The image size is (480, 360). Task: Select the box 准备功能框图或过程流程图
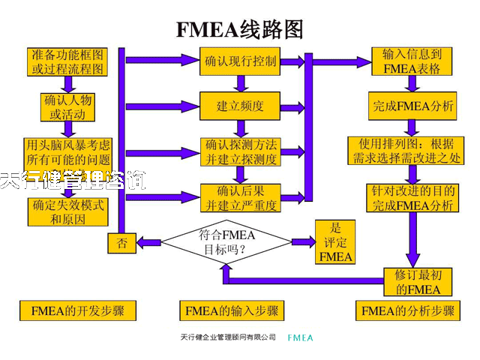67,62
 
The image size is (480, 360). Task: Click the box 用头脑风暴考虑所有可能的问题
68,151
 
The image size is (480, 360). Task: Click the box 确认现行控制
239,61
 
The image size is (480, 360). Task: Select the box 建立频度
239,106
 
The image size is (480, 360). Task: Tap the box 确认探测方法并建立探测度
240,151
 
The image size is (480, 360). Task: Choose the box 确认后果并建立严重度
240,196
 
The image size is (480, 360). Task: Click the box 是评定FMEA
334,241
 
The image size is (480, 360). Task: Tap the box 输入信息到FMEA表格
412,61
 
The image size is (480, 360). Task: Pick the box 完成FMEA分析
413,106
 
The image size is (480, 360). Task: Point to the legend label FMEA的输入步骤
232,310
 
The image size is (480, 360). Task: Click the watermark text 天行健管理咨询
73,180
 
